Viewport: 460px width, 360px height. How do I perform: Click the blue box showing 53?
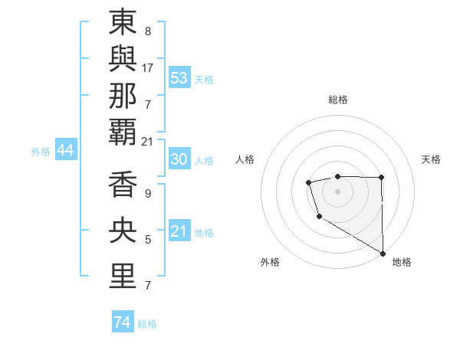pos(179,78)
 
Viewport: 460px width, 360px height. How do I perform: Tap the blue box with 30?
pos(179,159)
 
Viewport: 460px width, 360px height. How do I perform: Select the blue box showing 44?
pos(65,150)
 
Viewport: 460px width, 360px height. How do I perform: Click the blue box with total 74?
pos(122,322)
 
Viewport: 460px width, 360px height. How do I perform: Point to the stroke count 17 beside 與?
pos(148,67)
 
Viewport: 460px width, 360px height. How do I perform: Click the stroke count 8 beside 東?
pos(147,32)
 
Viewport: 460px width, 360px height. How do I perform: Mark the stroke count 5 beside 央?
pos(148,240)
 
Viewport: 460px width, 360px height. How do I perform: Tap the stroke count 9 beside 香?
pos(148,194)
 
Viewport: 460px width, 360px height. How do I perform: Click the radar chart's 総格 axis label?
pos(337,100)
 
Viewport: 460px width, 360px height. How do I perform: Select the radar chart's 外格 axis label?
pos(270,262)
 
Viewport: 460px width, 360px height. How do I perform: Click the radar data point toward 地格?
pos(383,253)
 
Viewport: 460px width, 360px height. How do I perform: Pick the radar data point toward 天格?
pos(381,178)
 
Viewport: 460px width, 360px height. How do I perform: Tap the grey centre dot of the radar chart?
pos(337,191)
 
